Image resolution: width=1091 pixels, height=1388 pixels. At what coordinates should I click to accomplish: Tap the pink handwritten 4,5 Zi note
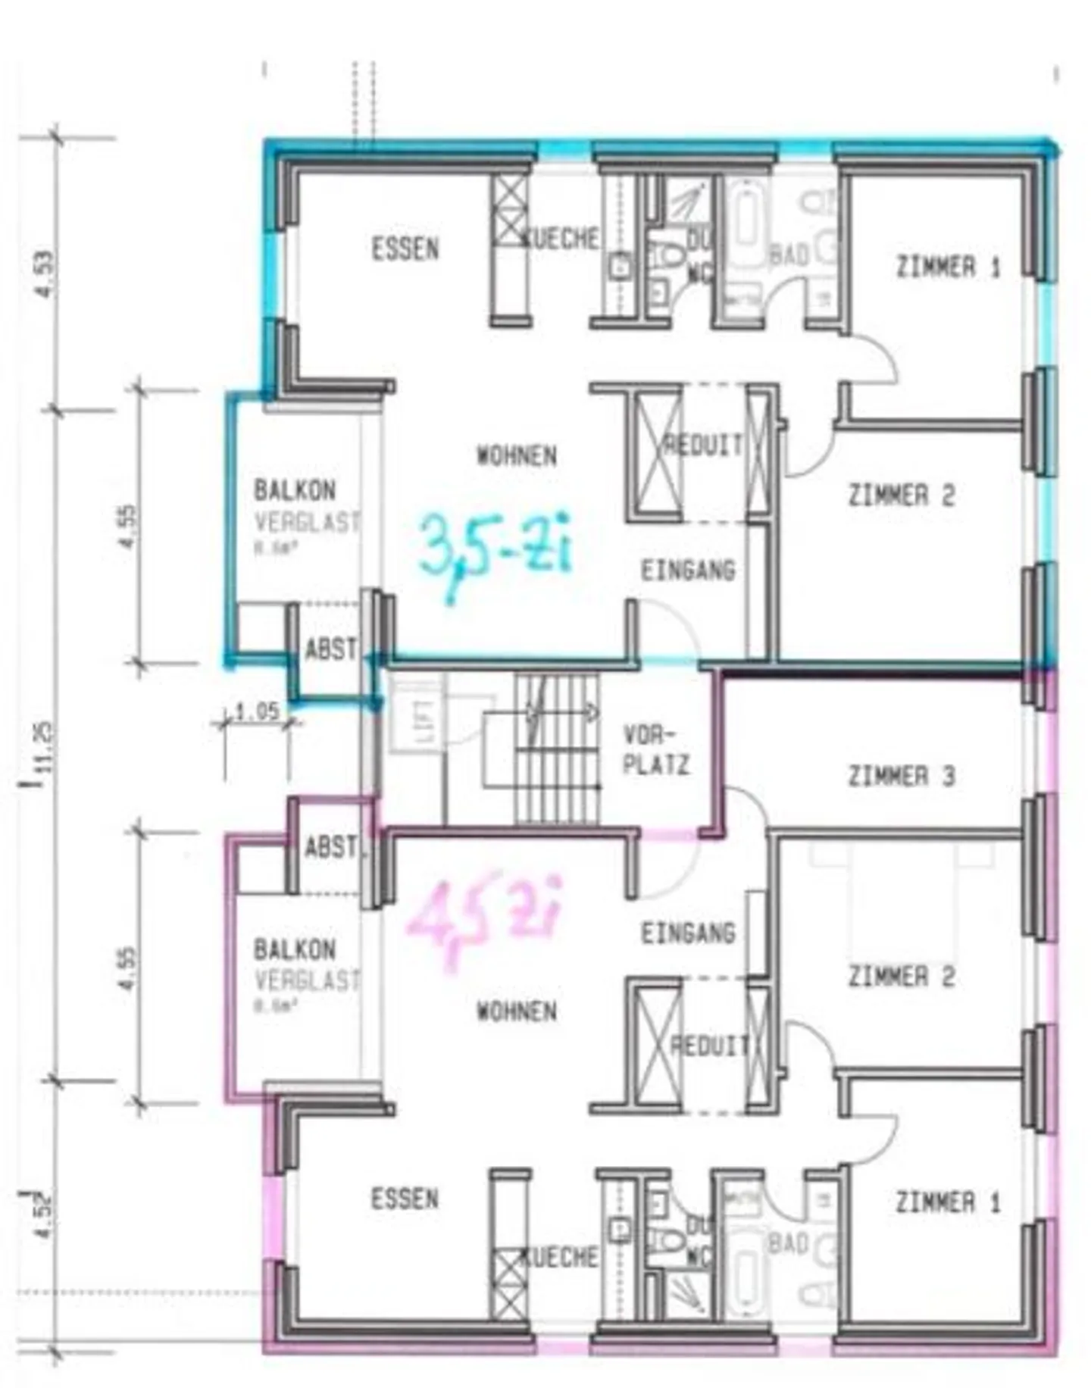point(485,920)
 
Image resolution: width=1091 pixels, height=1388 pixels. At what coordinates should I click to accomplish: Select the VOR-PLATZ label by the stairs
point(656,750)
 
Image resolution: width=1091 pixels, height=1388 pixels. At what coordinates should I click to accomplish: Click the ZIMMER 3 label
point(901,776)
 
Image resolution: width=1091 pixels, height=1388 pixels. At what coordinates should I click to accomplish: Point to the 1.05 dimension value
point(257,711)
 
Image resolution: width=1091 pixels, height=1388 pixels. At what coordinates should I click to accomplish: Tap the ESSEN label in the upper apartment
point(405,249)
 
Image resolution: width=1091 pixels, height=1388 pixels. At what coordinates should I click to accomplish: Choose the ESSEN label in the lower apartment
point(405,1199)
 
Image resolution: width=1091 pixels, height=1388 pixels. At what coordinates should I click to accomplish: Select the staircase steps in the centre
point(556,750)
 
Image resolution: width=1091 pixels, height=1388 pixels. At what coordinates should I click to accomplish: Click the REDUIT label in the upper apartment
point(704,445)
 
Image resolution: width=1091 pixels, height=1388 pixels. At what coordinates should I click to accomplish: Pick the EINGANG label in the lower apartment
point(688,933)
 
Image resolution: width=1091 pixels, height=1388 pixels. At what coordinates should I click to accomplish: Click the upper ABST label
point(331,649)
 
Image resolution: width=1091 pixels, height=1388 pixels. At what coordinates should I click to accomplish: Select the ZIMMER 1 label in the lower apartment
point(948,1202)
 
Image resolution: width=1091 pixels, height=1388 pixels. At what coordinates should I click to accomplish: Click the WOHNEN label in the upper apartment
point(517,456)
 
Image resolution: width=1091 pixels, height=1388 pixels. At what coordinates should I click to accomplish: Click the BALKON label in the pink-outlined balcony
point(295,949)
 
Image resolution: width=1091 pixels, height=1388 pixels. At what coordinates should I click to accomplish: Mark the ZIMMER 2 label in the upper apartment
point(901,495)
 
